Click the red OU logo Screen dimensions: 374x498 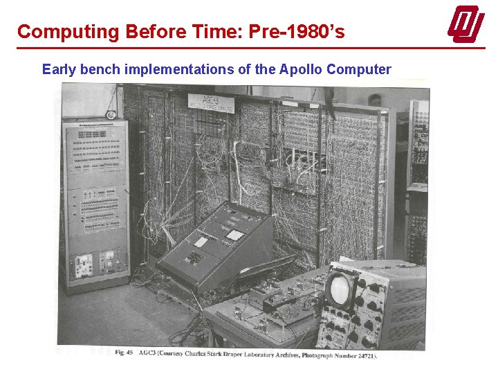465,25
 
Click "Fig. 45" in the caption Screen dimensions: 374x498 124,353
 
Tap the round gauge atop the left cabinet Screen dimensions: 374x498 111,115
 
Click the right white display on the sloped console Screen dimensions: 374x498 234,235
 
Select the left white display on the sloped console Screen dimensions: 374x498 201,242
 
